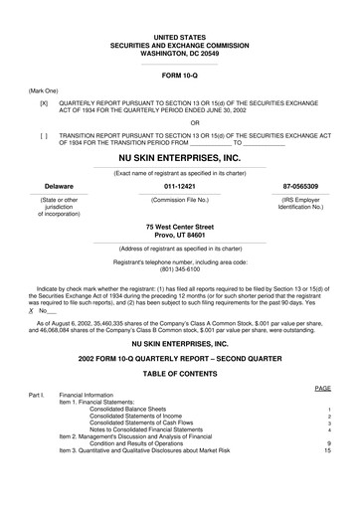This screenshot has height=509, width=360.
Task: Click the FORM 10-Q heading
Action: click(179, 76)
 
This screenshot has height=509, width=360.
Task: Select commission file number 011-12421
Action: click(179, 186)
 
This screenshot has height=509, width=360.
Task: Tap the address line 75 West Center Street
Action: click(179, 227)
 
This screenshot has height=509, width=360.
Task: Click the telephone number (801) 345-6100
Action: click(179, 269)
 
